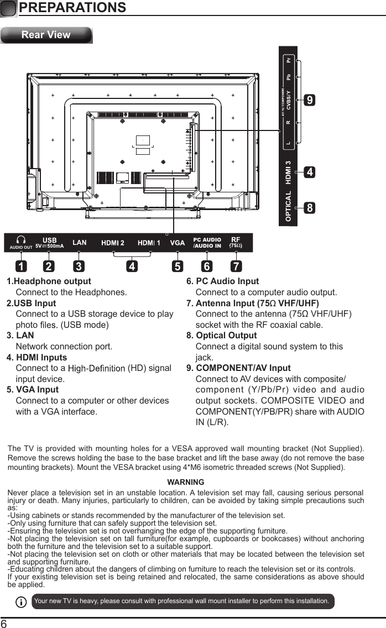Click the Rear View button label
(46, 35)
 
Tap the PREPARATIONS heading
(72, 8)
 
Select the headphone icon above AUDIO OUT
(21, 239)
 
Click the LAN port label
(80, 243)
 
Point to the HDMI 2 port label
(113, 243)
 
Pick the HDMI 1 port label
(149, 243)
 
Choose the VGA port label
(177, 243)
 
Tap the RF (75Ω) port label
(235, 242)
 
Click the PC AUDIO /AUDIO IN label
(207, 243)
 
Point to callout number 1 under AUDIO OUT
(20, 267)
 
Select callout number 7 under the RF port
(236, 267)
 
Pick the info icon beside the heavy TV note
(21, 601)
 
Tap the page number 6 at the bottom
(4, 623)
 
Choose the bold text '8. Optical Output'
(222, 336)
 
